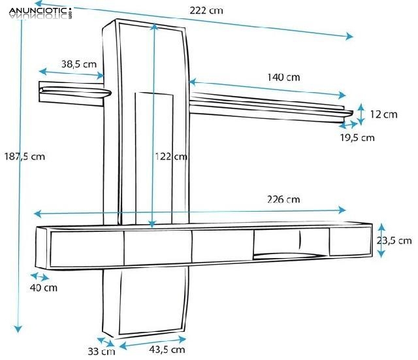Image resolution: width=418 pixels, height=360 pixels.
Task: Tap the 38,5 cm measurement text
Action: [x=78, y=64]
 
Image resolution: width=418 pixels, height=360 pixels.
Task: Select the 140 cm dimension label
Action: [x=283, y=77]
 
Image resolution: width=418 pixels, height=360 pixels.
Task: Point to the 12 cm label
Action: [x=383, y=114]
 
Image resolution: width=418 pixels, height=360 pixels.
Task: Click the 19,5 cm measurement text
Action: [x=357, y=137]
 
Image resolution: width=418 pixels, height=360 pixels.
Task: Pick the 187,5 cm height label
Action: [x=24, y=156]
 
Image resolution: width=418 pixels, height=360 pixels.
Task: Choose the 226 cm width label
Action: [x=283, y=199]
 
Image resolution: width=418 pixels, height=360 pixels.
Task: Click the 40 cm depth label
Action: [x=44, y=287]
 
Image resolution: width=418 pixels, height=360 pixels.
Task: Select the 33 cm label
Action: [x=101, y=352]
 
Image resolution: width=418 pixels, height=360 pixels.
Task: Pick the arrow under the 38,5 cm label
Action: [x=71, y=72]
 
